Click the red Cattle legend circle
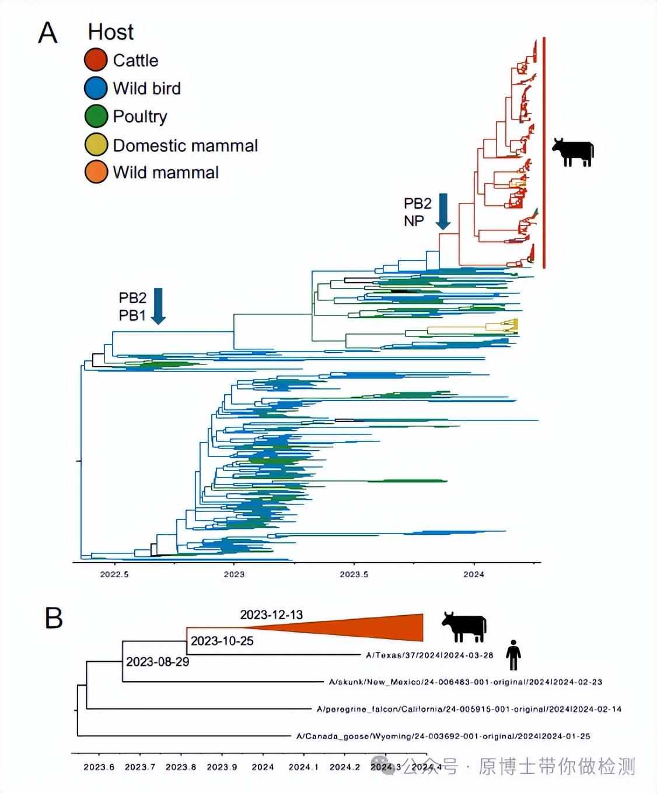96,60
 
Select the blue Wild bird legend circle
96,88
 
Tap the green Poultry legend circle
96,116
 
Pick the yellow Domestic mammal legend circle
96,145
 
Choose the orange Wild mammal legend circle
96,172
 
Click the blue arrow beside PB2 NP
443,211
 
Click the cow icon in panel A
573,152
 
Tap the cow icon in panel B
464,627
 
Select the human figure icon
513,655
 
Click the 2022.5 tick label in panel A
114,574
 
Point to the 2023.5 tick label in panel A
354,574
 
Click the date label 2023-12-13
271,615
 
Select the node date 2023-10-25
222,641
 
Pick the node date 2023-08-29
158,662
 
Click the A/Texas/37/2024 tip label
429,655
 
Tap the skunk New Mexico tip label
465,682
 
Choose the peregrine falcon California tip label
469,710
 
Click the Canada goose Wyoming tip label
443,736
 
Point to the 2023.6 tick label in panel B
99,767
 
